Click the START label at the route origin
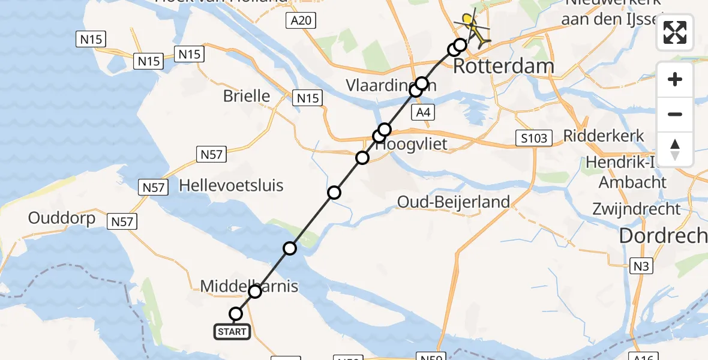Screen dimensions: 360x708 point(232,331)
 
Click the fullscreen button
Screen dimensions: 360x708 point(675,32)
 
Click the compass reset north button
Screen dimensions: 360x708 point(675,149)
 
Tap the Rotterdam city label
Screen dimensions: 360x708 point(503,66)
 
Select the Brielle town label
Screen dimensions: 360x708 point(246,96)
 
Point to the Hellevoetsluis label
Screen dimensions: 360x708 point(231,185)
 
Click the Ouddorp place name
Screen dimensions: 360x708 point(62,218)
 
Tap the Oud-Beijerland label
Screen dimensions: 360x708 point(454,202)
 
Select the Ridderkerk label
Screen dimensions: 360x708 point(604,136)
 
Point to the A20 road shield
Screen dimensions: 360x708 point(301,22)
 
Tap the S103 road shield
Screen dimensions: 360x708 point(533,139)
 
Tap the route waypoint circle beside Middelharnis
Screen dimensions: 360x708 point(255,292)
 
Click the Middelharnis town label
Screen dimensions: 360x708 point(249,286)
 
